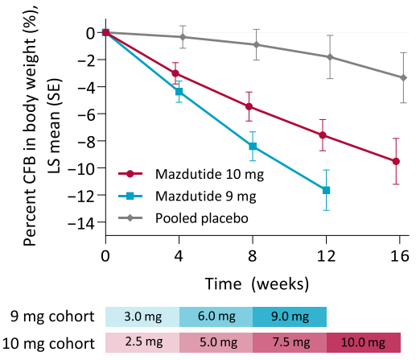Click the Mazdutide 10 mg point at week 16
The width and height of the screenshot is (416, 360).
[x=396, y=161]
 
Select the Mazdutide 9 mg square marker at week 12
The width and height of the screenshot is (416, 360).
[x=326, y=190]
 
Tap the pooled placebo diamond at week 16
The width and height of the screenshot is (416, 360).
[x=403, y=78]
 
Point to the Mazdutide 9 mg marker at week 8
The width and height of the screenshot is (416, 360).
[x=253, y=147]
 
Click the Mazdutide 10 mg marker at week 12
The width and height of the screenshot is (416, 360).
[x=323, y=135]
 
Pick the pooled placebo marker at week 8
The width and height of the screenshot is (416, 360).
[x=257, y=44]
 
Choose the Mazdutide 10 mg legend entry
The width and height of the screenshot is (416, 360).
[x=191, y=174]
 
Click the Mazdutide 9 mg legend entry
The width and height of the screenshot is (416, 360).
[x=187, y=197]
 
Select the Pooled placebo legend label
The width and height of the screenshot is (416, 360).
[x=202, y=218]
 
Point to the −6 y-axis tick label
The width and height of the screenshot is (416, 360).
[x=86, y=115]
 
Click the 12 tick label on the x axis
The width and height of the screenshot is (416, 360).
[x=326, y=255]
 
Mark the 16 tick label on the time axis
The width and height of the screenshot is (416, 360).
[x=400, y=255]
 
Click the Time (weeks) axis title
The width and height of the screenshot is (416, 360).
[x=257, y=283]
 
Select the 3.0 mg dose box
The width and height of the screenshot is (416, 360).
[x=142, y=317]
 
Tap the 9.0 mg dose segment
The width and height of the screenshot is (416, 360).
[x=290, y=317]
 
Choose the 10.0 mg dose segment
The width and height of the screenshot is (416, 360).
[x=364, y=342]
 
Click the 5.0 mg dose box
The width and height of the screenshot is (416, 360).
[x=216, y=342]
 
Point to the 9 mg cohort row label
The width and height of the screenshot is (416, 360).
[x=52, y=317]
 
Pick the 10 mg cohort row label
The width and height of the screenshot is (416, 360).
[x=48, y=343]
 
